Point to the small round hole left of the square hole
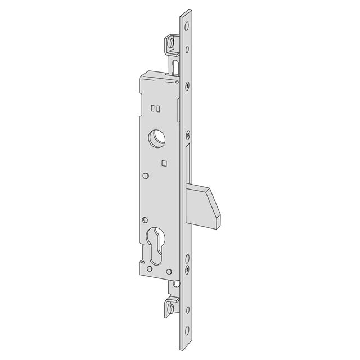146,176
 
